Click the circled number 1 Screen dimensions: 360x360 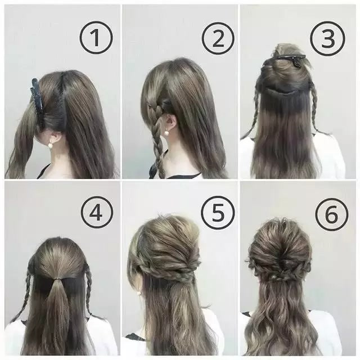click(x=96, y=38)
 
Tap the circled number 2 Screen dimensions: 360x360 click(x=218, y=38)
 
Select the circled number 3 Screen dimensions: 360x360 click(x=328, y=38)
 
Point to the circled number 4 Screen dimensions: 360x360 click(x=97, y=213)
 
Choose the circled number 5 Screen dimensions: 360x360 click(x=218, y=213)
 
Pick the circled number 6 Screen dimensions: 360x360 click(x=331, y=215)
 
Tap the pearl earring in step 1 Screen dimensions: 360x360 click(x=50, y=145)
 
